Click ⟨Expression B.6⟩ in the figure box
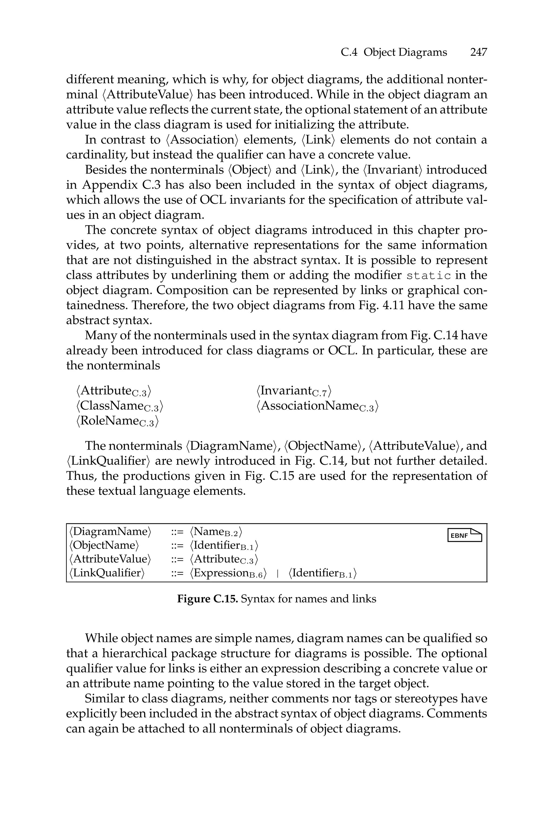click(228, 573)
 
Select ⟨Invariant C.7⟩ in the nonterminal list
click(294, 391)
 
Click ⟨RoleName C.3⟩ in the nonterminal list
click(117, 421)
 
